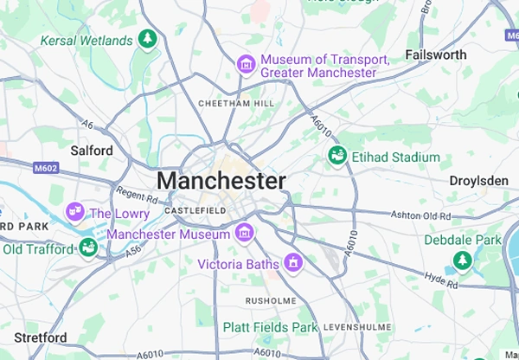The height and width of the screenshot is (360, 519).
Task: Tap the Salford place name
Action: [91, 151]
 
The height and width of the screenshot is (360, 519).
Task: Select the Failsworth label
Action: [435, 55]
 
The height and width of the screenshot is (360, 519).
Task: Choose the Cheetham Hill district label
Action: [235, 103]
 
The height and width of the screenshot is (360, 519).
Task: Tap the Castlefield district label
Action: [195, 210]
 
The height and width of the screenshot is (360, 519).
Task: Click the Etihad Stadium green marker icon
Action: [336, 156]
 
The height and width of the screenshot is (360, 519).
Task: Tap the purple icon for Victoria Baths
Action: [294, 261]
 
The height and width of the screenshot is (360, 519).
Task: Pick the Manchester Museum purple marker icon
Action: [245, 232]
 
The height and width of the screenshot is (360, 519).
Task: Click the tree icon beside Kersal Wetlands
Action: [148, 39]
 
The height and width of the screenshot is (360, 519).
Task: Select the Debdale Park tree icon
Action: [463, 259]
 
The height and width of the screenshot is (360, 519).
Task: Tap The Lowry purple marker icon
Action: [75, 211]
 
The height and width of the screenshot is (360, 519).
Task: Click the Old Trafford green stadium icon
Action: [87, 248]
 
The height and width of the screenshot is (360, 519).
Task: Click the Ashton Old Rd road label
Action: [420, 214]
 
